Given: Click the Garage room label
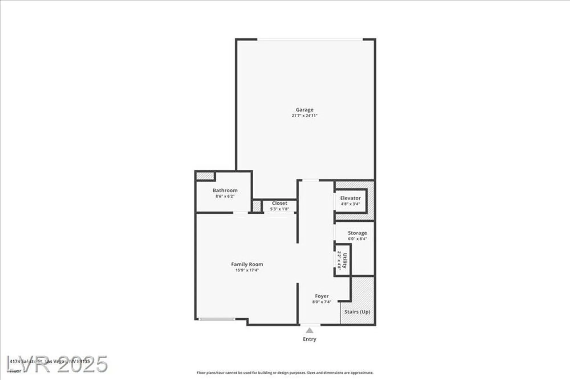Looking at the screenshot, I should (x=304, y=110).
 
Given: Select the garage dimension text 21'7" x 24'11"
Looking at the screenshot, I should (x=304, y=116).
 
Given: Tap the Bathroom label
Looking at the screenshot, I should (x=225, y=190).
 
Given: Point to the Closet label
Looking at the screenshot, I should (x=279, y=203).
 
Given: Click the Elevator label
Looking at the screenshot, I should (x=350, y=198).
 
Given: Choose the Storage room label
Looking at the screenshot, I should (x=357, y=233).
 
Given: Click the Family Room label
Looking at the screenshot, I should (x=247, y=264).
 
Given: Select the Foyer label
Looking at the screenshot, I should (x=321, y=296).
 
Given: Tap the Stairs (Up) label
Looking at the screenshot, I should (x=357, y=312).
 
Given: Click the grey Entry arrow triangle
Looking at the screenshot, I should (x=310, y=331).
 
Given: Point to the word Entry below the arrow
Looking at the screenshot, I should (x=310, y=339).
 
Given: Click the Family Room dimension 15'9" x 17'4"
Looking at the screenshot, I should (x=247, y=270).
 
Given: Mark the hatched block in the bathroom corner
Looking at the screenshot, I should (x=205, y=176).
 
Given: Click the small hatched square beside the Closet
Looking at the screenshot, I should (x=256, y=206).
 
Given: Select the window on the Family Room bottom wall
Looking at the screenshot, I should (x=217, y=319).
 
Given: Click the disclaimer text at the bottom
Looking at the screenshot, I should (x=285, y=373).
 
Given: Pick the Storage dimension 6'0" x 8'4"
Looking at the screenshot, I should (x=357, y=239).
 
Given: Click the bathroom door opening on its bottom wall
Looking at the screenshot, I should (x=240, y=213).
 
